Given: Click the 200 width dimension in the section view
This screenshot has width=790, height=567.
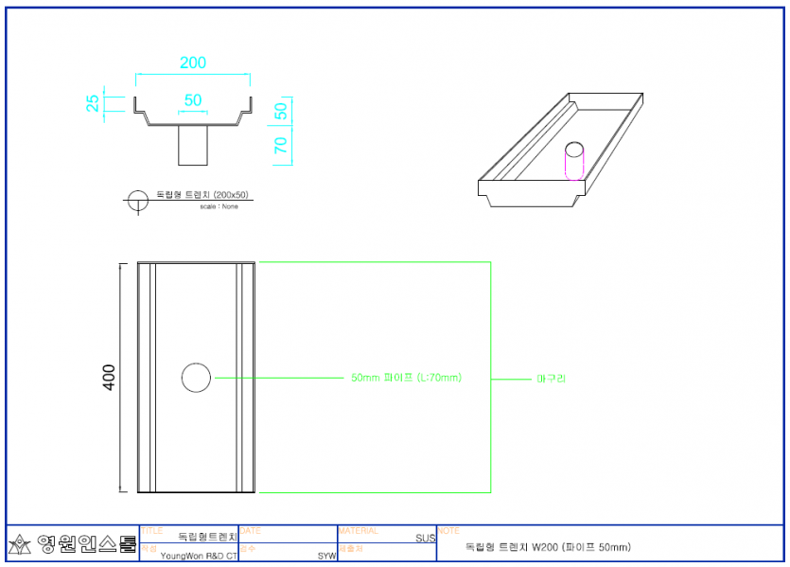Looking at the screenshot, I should point(193,62).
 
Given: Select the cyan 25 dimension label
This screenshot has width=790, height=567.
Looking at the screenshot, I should point(93,103).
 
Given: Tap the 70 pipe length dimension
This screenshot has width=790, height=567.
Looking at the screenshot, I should point(280,144).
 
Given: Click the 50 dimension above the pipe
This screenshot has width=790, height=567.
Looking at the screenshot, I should point(192,99).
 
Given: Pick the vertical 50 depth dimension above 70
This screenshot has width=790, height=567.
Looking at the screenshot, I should point(280,110).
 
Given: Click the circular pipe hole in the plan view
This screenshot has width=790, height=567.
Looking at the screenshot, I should point(196,377).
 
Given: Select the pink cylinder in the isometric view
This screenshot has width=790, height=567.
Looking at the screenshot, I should point(574,160).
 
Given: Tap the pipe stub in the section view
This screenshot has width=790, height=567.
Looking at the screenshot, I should point(193,145).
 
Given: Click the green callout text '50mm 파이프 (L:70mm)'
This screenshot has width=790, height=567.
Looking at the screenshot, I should point(406,378).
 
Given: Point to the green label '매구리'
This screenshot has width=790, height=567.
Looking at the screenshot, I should point(551,378).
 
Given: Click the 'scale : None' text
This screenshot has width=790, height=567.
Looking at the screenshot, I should point(219,206).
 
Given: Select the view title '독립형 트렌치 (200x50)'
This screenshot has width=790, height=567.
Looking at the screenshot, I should point(202,195).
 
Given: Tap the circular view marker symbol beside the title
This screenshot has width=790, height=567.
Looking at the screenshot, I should point(138,200).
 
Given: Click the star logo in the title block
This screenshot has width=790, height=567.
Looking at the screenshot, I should point(20,544).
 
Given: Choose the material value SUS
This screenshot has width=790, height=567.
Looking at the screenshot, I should point(425,538).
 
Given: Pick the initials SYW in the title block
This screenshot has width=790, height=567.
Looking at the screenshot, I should point(326,557).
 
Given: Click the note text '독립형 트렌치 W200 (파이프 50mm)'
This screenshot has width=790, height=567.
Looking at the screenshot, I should point(548,547).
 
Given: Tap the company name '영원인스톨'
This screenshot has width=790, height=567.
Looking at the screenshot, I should point(87,544).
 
